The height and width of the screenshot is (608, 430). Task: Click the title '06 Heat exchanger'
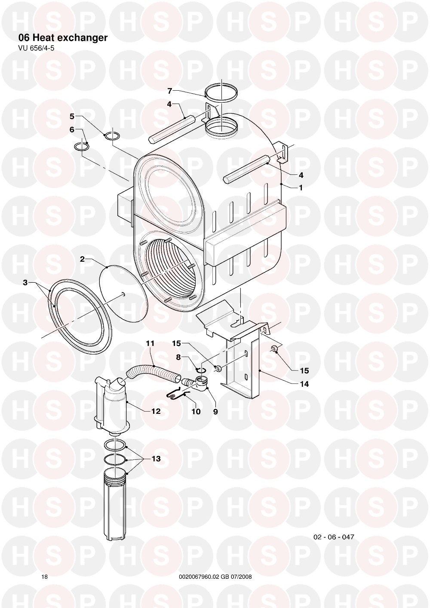pyautogui.click(x=63, y=38)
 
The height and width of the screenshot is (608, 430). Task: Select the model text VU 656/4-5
pyautogui.click(x=34, y=48)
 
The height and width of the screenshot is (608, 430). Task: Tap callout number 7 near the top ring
pyautogui.click(x=170, y=91)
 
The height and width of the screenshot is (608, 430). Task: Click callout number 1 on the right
pyautogui.click(x=301, y=188)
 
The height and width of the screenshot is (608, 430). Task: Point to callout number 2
pyautogui.click(x=82, y=259)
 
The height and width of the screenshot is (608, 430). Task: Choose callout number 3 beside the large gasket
pyautogui.click(x=25, y=283)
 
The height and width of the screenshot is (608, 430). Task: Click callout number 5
pyautogui.click(x=72, y=116)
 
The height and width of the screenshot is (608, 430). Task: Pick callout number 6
pyautogui.click(x=72, y=130)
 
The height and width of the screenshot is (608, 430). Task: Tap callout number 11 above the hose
pyautogui.click(x=150, y=343)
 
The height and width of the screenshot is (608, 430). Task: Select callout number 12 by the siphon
pyautogui.click(x=156, y=411)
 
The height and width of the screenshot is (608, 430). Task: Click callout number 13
pyautogui.click(x=156, y=459)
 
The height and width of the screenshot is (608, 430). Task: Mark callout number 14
pyautogui.click(x=304, y=384)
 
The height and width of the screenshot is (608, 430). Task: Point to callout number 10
pyautogui.click(x=196, y=412)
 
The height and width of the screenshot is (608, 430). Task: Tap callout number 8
pyautogui.click(x=178, y=357)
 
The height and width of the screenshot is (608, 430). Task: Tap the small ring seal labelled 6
pyautogui.click(x=82, y=147)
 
